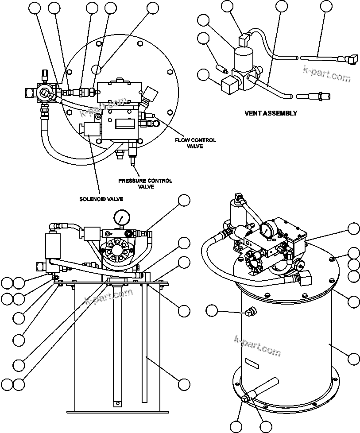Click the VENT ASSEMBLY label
[271, 113]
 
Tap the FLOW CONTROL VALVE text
[195, 143]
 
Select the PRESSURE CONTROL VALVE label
[145, 184]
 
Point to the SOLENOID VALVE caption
[101, 199]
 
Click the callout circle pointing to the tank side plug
[213, 311]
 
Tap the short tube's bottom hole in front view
[118, 403]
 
